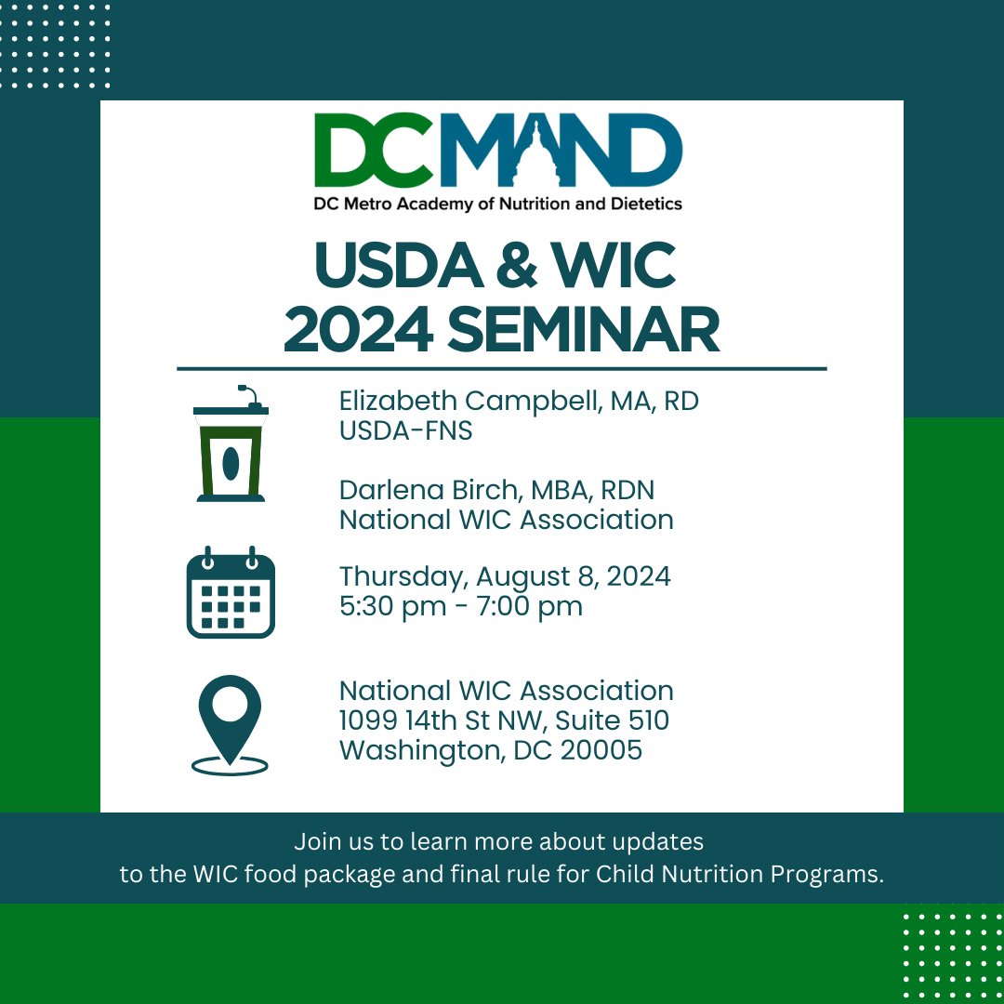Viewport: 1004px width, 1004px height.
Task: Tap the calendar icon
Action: (231, 592)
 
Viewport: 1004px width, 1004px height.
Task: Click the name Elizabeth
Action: (397, 402)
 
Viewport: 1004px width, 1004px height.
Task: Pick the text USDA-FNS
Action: (405, 431)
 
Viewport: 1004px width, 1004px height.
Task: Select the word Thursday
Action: (401, 576)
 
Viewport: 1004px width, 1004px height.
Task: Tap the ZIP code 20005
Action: (601, 750)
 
